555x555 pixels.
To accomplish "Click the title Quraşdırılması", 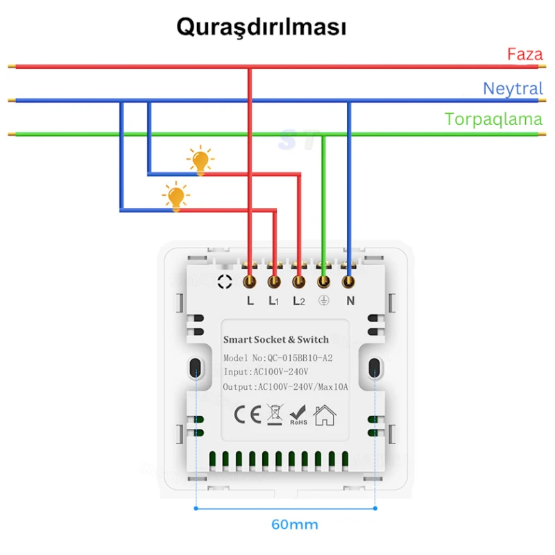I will point(261,27).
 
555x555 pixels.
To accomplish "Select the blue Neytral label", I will point(513,89).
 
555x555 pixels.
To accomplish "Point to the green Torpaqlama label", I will point(493,119).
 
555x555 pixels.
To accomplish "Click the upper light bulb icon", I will point(200,160).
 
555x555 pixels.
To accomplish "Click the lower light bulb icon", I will point(176,196).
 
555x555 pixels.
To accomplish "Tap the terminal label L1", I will point(274,301).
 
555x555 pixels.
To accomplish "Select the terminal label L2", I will point(299,301).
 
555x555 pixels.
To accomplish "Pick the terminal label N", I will point(350,301).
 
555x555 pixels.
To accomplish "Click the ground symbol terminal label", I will point(323,301).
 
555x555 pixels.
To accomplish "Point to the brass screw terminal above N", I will point(348,282).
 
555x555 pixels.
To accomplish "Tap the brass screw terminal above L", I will point(250,282).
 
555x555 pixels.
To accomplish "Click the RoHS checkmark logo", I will point(298,415).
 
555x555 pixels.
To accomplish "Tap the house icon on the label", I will point(325,415).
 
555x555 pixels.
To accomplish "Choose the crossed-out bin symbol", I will point(273,415).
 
